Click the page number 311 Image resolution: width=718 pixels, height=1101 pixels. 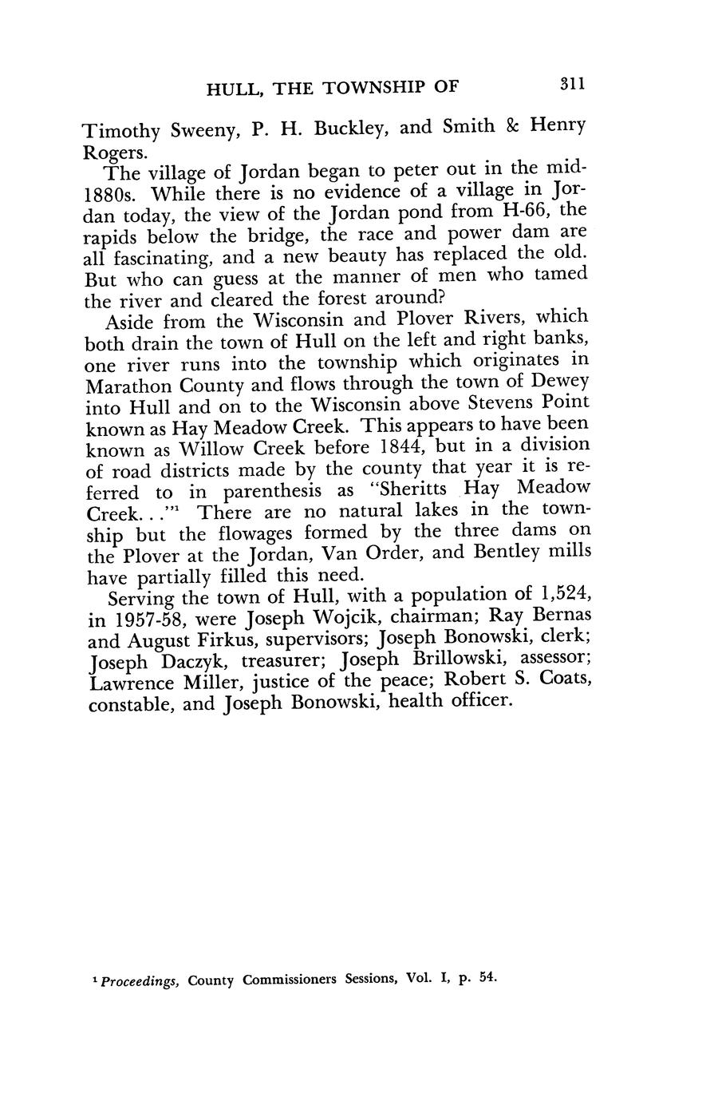click(x=572, y=84)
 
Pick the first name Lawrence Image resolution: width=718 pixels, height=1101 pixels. click(x=133, y=683)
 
